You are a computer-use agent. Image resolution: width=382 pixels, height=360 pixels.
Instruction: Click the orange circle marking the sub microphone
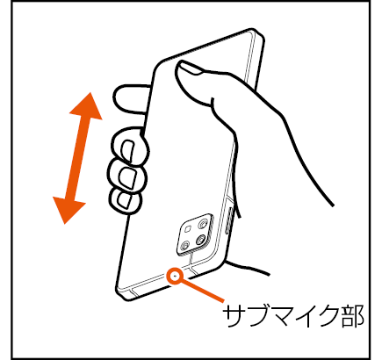click(175, 276)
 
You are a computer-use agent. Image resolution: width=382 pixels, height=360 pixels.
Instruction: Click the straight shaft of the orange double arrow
click(77, 158)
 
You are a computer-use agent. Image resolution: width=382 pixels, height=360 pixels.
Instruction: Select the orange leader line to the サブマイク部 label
click(203, 291)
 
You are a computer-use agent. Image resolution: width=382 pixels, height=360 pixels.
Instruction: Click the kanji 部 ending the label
click(352, 316)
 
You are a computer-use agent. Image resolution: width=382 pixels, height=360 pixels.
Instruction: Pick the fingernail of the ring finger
click(126, 177)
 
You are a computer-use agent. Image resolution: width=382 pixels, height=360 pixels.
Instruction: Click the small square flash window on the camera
click(189, 228)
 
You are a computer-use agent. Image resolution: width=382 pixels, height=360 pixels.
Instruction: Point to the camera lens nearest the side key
click(202, 225)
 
